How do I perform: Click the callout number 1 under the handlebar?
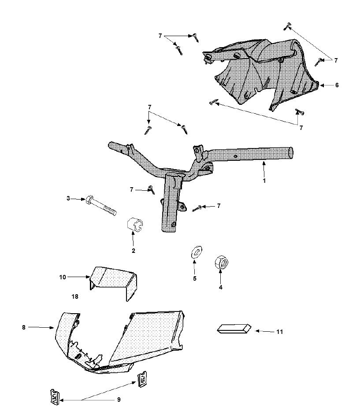click(264, 180)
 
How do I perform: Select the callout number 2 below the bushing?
click(134, 251)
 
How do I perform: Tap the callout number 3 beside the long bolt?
click(68, 199)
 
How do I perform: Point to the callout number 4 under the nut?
click(221, 287)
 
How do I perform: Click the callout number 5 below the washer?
click(194, 278)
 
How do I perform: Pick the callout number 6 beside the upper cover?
click(337, 85)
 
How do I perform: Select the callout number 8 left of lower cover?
click(23, 327)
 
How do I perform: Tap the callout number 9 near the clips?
click(119, 400)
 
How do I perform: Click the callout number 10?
click(63, 277)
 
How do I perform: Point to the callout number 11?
click(280, 332)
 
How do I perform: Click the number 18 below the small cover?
click(75, 297)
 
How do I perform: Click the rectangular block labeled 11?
click(234, 329)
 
